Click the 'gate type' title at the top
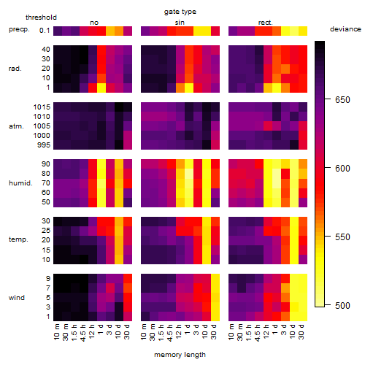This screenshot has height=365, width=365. tap(180, 12)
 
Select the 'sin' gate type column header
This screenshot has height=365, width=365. tap(180, 23)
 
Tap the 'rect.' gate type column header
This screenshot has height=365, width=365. tap(266, 23)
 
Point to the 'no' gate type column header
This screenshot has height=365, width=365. tap(94, 23)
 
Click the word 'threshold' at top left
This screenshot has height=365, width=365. tap(41, 18)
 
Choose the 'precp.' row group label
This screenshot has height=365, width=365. tap(19, 29)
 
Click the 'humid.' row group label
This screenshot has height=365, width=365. tap(20, 182)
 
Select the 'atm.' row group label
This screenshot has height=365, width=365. tap(16, 126)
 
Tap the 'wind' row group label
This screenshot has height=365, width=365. tap(17, 297)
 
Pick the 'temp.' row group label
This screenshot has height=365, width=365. tap(18, 239)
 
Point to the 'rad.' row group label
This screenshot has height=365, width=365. tap(15, 69)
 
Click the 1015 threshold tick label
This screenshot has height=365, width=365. tap(42, 107)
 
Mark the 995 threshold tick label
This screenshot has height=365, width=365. tap(44, 145)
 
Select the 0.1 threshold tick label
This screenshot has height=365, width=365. tap(45, 31)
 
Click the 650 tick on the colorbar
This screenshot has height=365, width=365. tap(342, 99)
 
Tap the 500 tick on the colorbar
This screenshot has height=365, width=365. tap(342, 305)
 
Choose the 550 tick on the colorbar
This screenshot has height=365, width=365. tap(342, 237)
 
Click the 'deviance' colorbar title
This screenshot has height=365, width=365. tap(345, 29)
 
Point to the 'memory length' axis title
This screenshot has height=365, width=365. tap(180, 355)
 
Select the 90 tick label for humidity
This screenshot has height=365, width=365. tap(46, 164)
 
